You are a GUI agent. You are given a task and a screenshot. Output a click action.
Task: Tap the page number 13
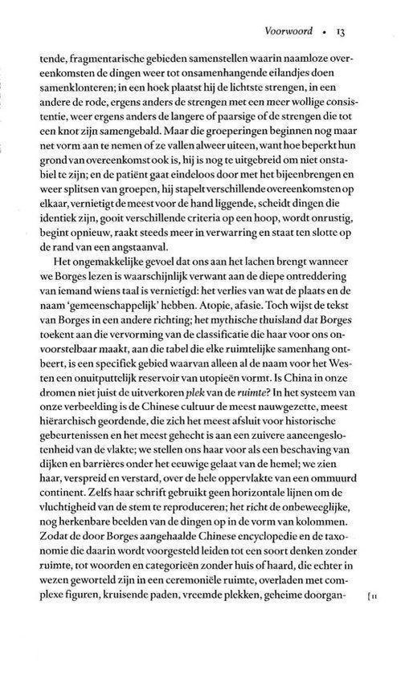[x=340, y=32]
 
